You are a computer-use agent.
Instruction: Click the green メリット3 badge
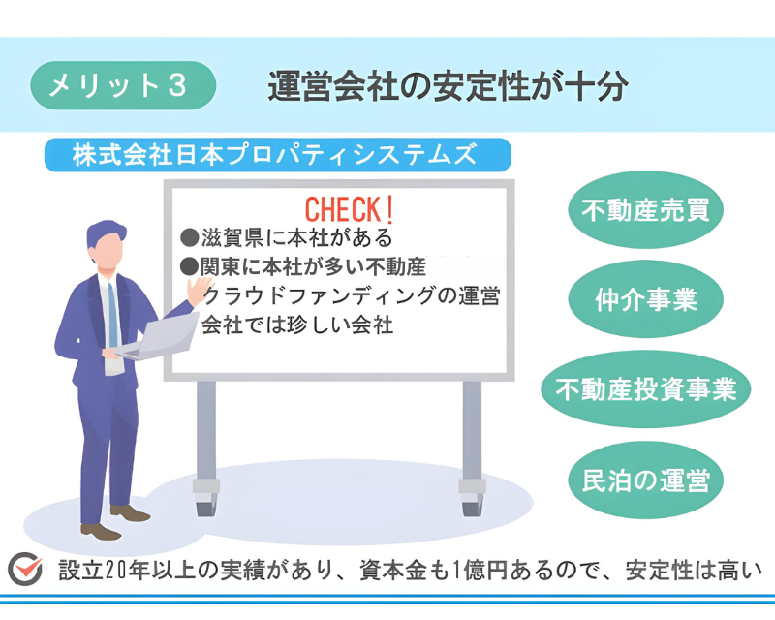[x=123, y=85]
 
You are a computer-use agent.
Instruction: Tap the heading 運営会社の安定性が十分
[x=448, y=86]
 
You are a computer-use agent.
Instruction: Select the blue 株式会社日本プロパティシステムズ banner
[x=277, y=155]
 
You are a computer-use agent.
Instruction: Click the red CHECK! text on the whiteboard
[x=349, y=209]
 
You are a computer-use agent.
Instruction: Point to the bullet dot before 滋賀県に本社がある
[x=189, y=237]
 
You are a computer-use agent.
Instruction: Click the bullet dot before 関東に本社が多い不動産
[x=189, y=266]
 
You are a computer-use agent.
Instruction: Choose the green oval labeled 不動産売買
[x=645, y=209]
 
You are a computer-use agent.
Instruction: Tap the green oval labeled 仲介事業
[x=645, y=299]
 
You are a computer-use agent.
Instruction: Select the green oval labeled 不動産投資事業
[x=645, y=389]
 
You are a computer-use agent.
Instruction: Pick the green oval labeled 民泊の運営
[x=645, y=480]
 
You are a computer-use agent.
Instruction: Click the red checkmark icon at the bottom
[x=25, y=569]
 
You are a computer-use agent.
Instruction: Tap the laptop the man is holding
[x=161, y=336]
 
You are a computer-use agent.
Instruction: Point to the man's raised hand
[x=199, y=291]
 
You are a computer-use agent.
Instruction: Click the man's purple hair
[x=105, y=232]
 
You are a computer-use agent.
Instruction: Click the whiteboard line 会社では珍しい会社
[x=297, y=325]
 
